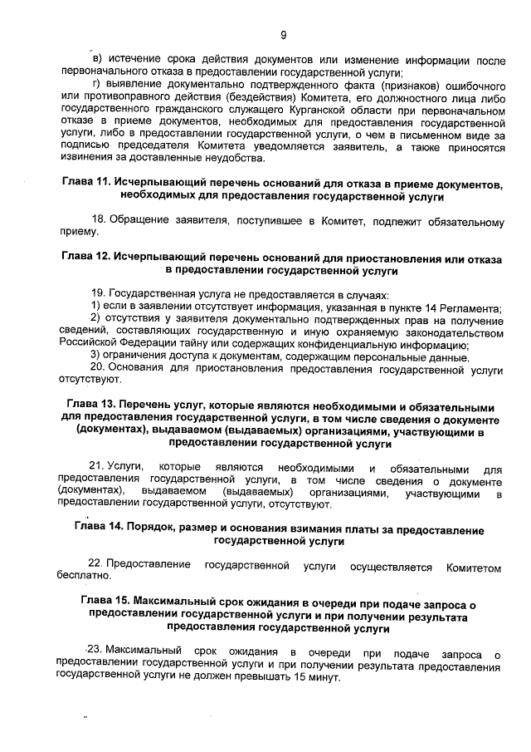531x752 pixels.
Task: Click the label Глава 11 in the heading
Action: click(86, 182)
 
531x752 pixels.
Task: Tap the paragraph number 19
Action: click(97, 294)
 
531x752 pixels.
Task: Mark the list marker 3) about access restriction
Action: click(95, 357)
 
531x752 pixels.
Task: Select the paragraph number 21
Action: click(97, 468)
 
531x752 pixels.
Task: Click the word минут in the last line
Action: click(323, 677)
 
